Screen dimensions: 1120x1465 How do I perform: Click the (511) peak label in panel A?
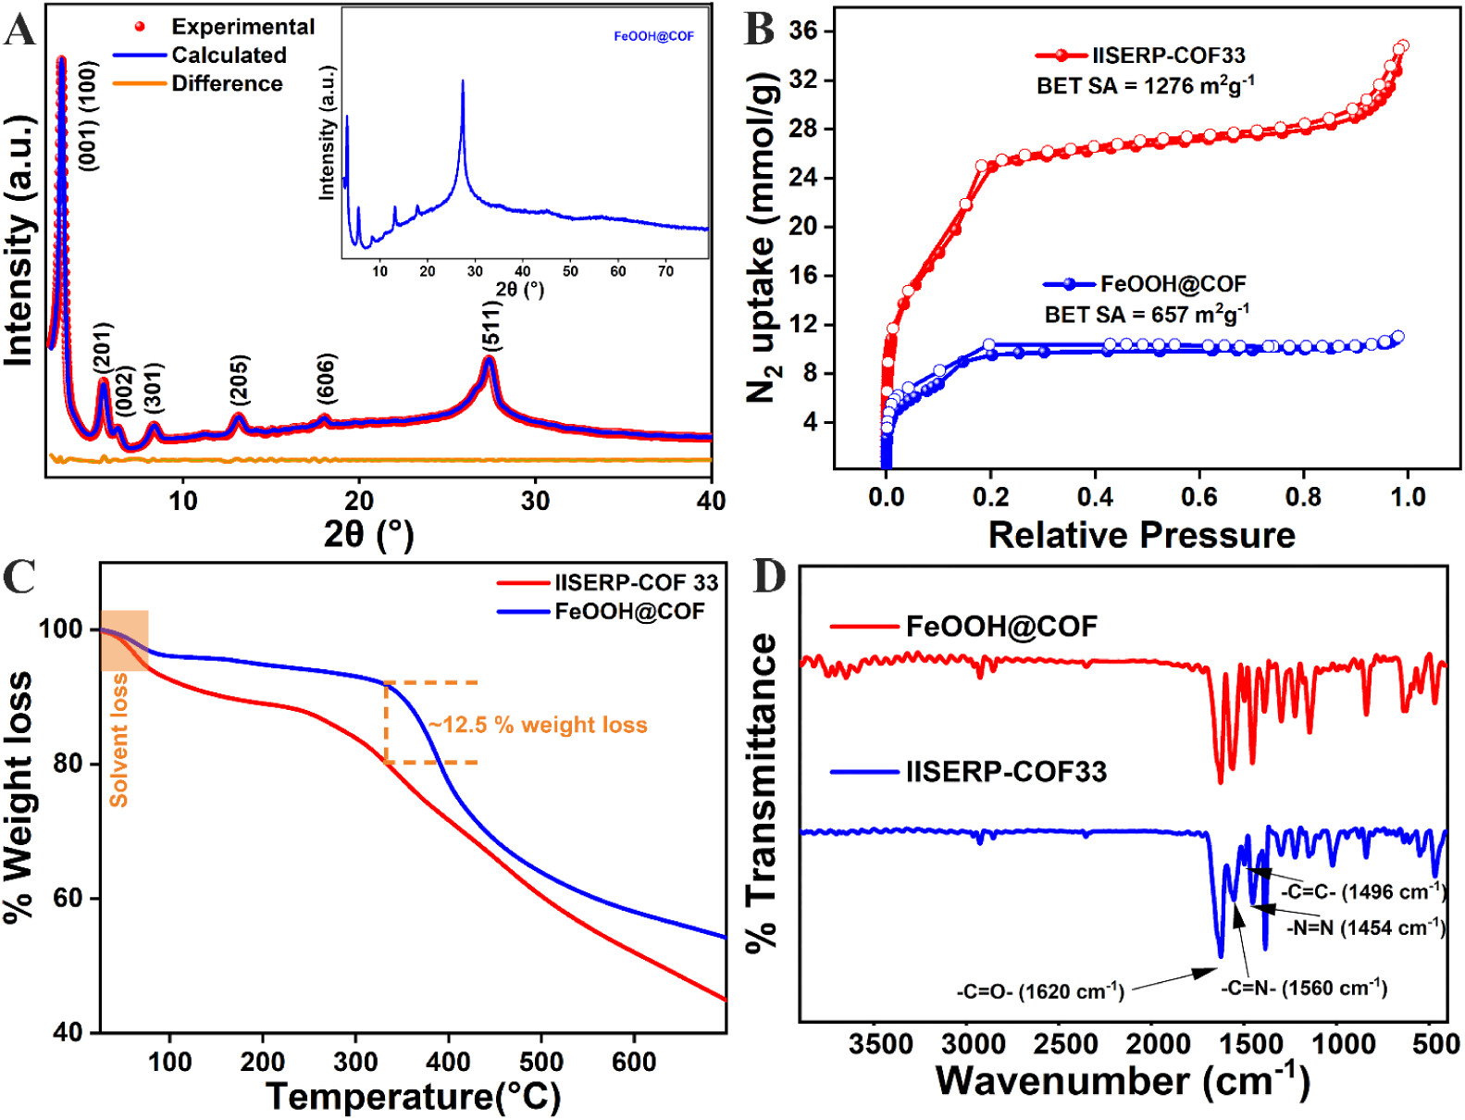click(491, 326)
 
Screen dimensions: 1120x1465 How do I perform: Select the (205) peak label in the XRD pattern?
click(240, 379)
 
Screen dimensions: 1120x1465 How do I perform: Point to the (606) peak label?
click(326, 378)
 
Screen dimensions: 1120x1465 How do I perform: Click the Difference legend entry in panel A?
click(227, 83)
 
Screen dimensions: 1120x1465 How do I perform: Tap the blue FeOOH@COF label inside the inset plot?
click(653, 36)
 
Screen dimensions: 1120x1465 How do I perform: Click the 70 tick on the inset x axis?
click(665, 271)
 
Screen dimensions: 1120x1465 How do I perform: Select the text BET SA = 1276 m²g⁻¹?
click(1145, 86)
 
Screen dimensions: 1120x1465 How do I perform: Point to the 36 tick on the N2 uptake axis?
click(803, 31)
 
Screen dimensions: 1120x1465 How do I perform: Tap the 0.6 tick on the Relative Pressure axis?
click(1198, 497)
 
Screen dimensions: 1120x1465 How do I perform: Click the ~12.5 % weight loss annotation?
click(538, 725)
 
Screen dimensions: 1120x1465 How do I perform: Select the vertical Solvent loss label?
click(118, 740)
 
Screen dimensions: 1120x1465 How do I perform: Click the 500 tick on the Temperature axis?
click(540, 1061)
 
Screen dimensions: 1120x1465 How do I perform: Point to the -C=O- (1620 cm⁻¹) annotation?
click(1040, 991)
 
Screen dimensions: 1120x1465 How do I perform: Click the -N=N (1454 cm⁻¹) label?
click(1365, 927)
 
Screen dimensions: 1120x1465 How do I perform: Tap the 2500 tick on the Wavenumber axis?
click(1065, 1044)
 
